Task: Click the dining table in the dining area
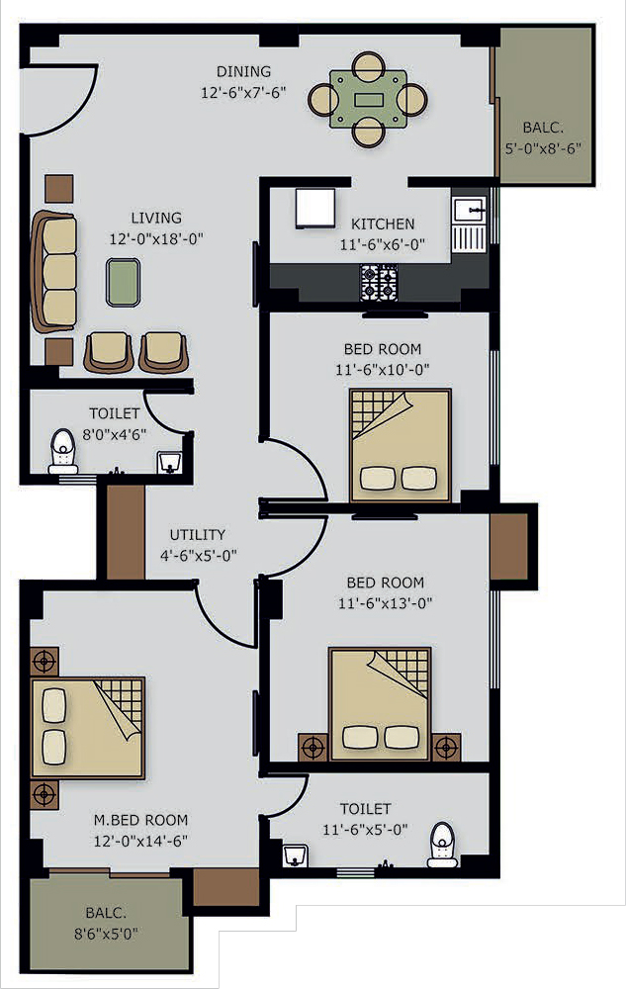click(x=368, y=100)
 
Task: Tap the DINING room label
click(x=244, y=71)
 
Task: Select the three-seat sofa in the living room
click(x=54, y=271)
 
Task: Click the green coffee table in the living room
click(x=123, y=282)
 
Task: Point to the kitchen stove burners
click(x=378, y=283)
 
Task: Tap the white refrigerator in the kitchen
click(x=314, y=209)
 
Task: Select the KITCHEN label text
click(x=383, y=224)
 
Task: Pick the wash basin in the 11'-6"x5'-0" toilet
click(x=295, y=855)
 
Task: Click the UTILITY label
click(x=198, y=535)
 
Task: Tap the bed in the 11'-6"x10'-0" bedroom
click(x=401, y=445)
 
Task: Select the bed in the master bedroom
click(x=88, y=728)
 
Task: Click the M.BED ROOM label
click(x=140, y=820)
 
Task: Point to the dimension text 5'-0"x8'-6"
click(x=543, y=148)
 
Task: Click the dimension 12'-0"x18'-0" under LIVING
click(x=156, y=238)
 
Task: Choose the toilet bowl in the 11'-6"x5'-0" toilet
click(x=441, y=845)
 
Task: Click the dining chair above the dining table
click(x=369, y=65)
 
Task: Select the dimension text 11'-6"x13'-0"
click(x=385, y=603)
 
